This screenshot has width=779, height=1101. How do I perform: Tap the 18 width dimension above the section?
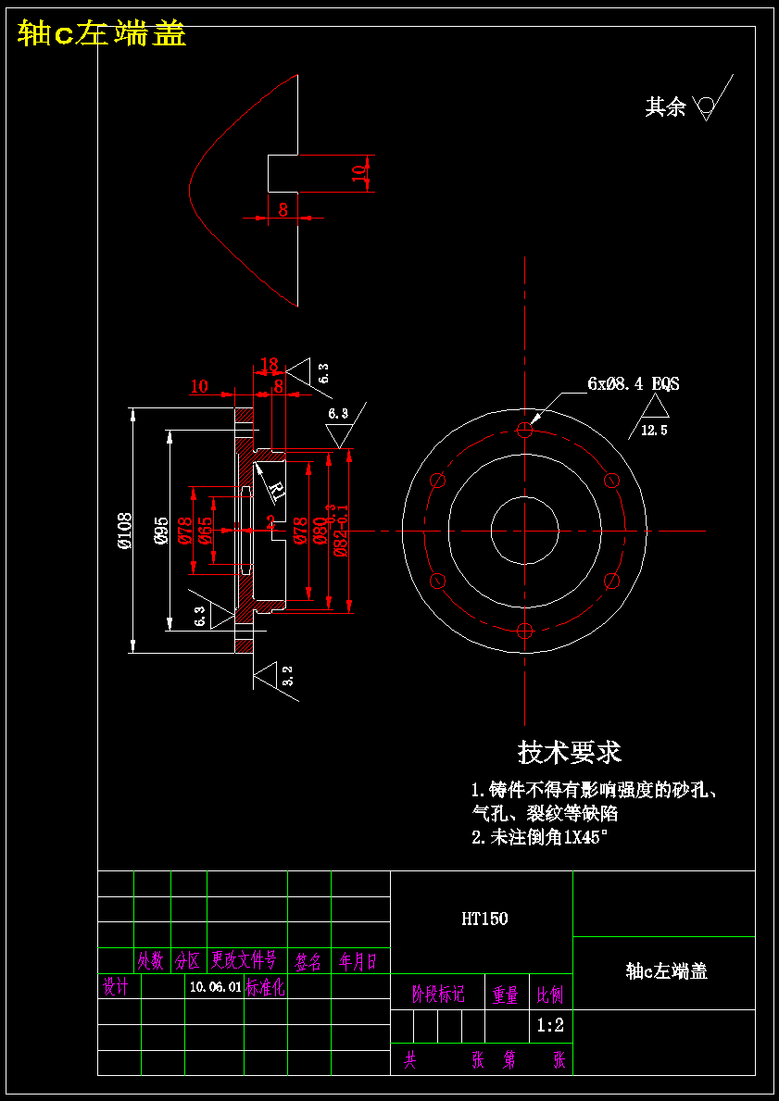(270, 365)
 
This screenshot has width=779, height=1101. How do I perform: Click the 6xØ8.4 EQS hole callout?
(633, 383)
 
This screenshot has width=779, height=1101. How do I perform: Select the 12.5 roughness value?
(654, 431)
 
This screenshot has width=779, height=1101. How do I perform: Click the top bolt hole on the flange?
(525, 430)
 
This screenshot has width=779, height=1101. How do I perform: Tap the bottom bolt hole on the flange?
(525, 632)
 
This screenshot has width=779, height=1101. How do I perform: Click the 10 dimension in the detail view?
(359, 172)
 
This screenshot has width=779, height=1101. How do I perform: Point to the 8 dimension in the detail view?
(283, 210)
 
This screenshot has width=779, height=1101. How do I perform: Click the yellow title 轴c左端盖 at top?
(102, 33)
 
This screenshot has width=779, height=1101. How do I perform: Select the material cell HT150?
(484, 920)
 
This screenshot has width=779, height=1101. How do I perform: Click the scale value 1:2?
(550, 1025)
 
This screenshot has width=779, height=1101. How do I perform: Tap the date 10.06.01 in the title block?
(215, 988)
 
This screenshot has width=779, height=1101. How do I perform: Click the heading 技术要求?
(569, 752)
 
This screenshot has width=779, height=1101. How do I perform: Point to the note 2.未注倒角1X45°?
(539, 838)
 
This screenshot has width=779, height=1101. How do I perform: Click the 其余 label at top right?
(665, 107)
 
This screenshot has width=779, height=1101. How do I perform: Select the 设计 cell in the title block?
(116, 987)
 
